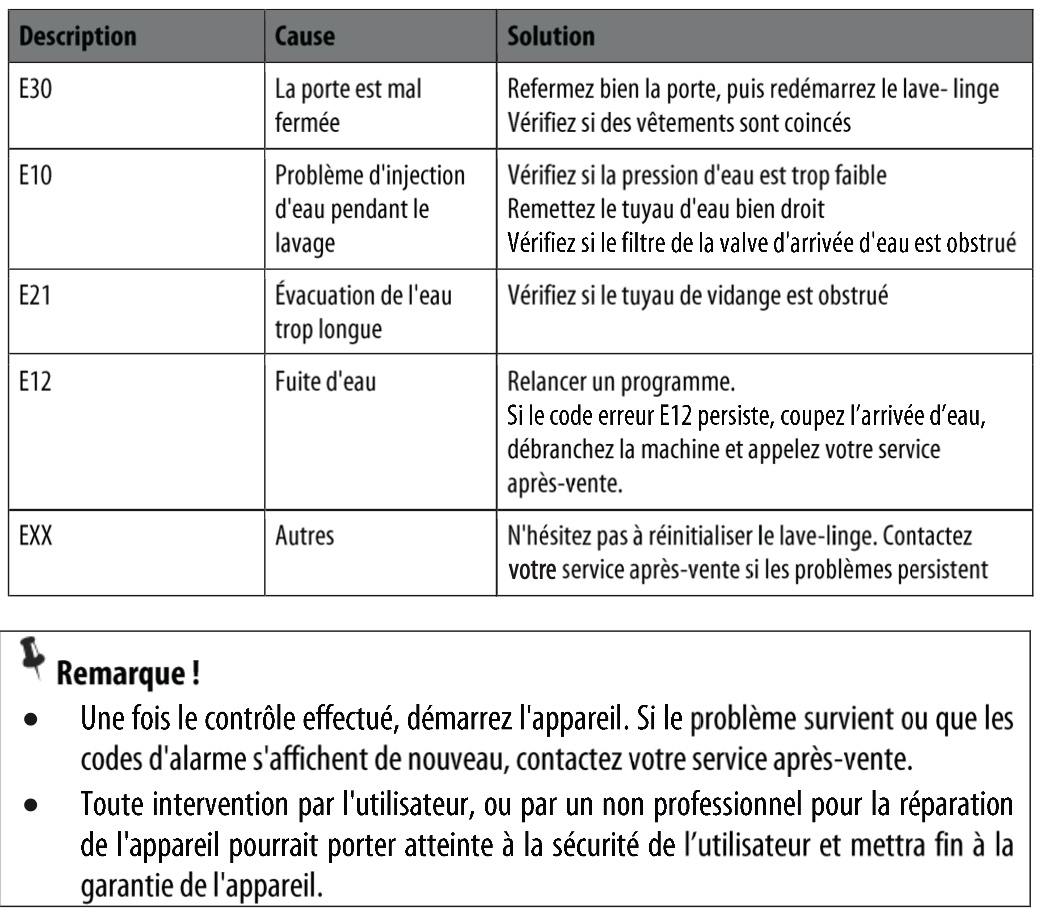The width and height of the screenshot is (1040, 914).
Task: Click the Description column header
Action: [78, 37]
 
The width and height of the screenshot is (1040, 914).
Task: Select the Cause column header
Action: [305, 37]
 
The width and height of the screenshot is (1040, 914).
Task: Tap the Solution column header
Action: [551, 37]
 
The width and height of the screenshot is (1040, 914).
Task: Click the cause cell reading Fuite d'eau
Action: [325, 381]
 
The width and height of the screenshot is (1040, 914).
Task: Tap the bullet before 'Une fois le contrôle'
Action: [36, 719]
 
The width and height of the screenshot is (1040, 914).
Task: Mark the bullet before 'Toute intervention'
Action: [36, 805]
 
